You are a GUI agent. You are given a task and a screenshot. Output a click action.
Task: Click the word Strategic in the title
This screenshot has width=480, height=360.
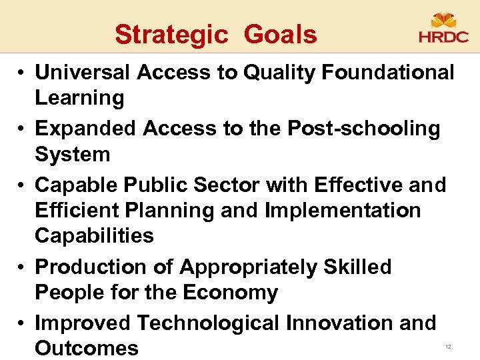tap(171, 34)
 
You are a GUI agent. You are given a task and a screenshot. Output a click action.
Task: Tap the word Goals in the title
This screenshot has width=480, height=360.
tap(280, 34)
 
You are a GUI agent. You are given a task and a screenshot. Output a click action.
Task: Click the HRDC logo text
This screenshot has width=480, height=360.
tap(443, 37)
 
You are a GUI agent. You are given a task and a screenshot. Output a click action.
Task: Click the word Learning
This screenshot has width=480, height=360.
tap(79, 98)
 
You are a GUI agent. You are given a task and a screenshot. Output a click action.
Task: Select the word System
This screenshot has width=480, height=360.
tap(72, 154)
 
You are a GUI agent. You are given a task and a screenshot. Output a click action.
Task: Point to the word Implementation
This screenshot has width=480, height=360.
tap(343, 210)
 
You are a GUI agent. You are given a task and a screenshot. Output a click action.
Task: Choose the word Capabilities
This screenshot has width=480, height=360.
tap(94, 235)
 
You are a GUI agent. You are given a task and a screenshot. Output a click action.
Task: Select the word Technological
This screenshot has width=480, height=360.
tap(208, 323)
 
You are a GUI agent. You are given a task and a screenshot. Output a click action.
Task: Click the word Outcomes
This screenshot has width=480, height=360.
tap(87, 348)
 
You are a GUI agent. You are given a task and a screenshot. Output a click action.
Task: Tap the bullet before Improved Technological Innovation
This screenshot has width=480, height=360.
tap(22, 324)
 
